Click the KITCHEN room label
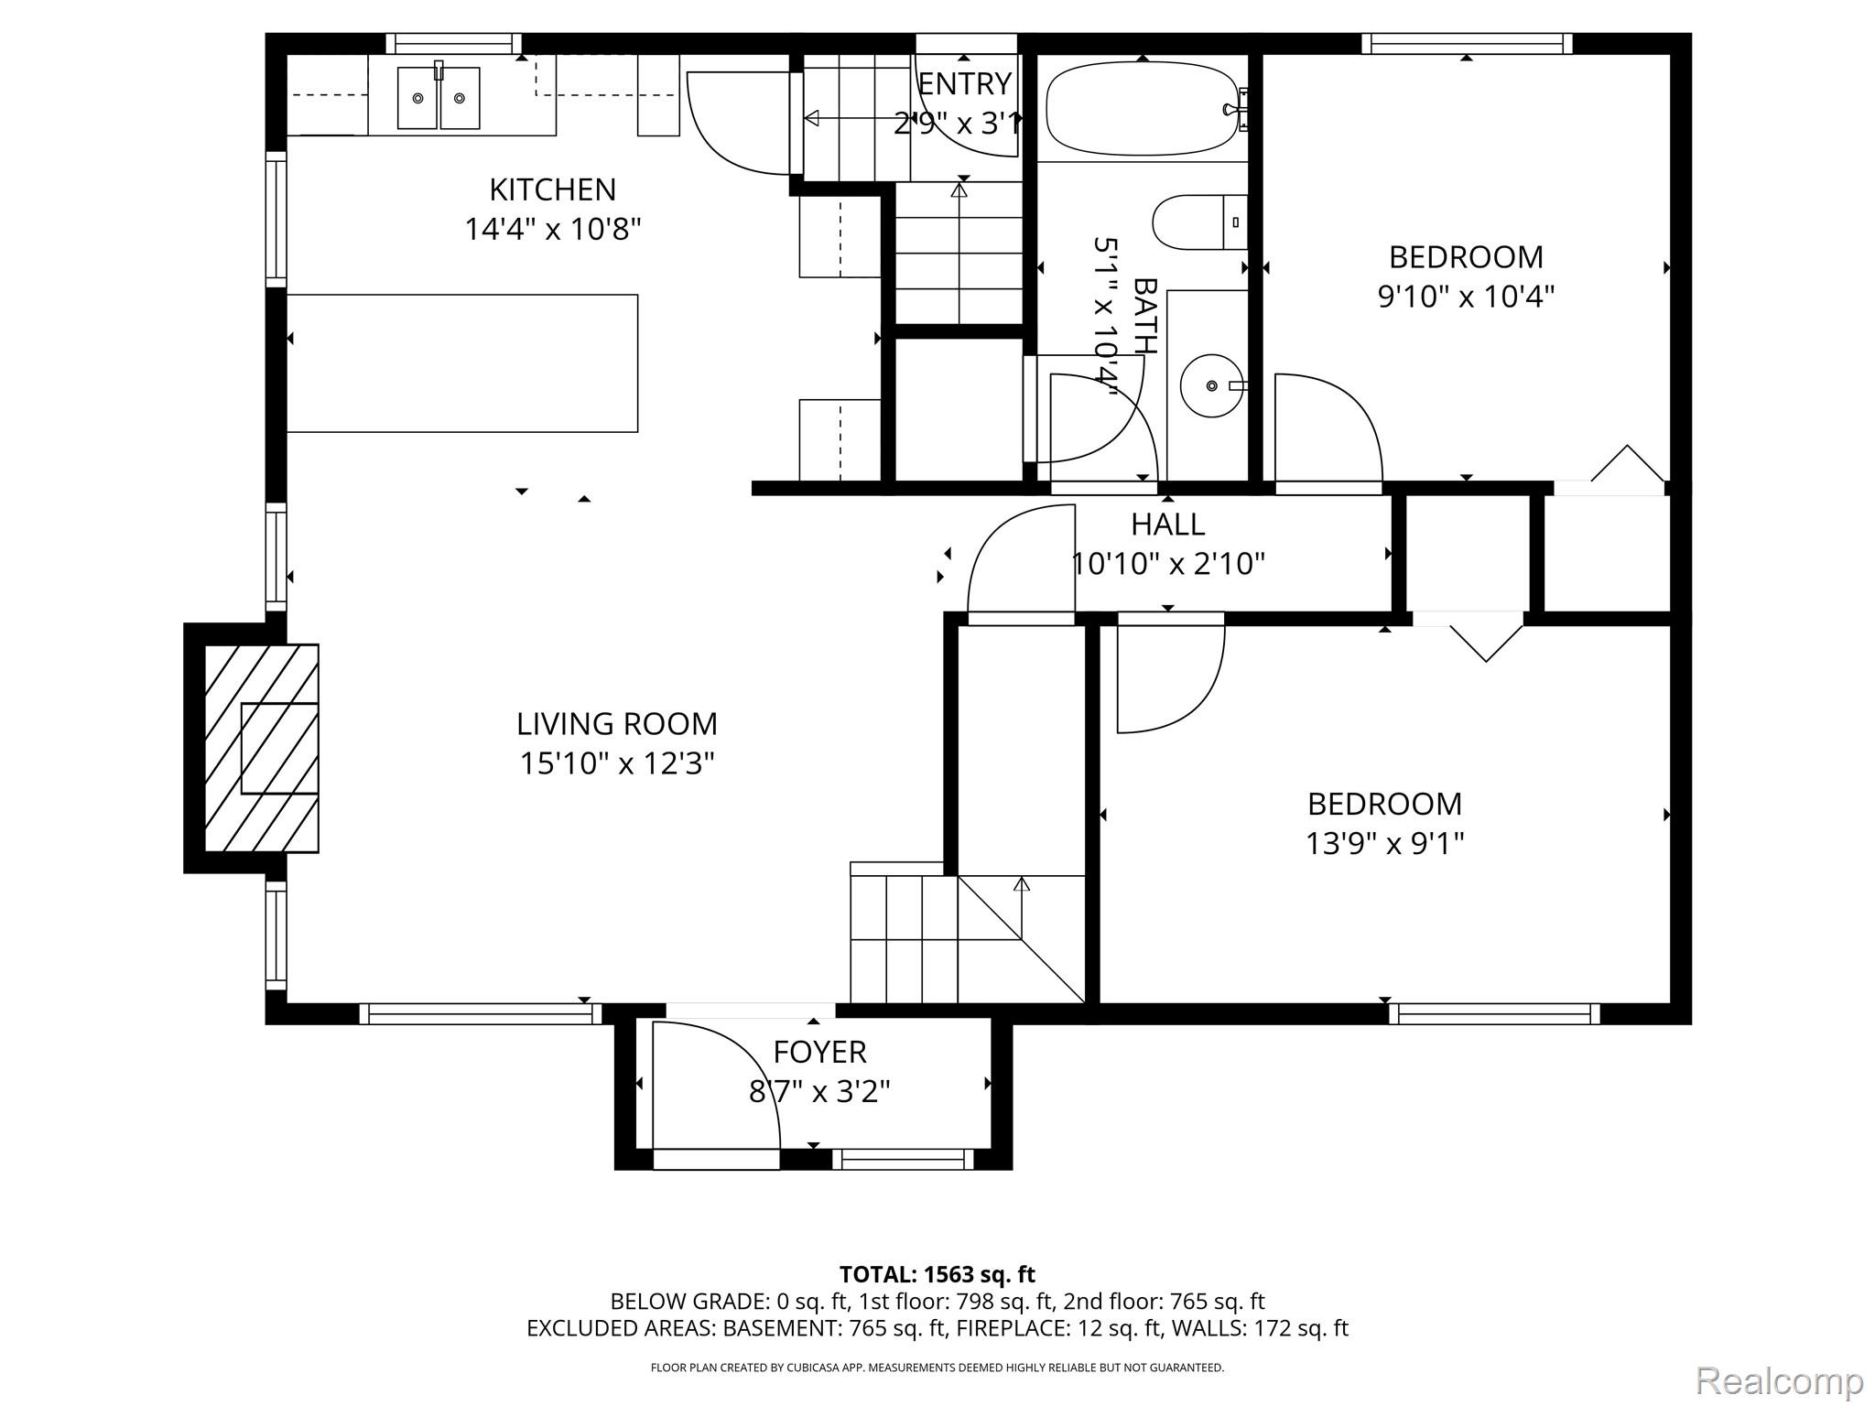pos(552,189)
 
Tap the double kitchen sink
pos(439,97)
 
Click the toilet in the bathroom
pos(1199,222)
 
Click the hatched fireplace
pos(261,748)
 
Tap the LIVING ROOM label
pos(617,724)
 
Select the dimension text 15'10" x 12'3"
pos(617,763)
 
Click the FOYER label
pos(819,1053)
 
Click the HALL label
pos(1167,525)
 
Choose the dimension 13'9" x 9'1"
pos(1384,843)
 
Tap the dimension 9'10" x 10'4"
pos(1466,297)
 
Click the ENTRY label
pos(964,84)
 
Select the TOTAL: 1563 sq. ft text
pos(937,1274)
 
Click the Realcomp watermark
pos(1779,1380)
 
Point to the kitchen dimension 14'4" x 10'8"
pos(552,229)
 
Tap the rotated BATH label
pos(1144,316)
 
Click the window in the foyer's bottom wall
pos(903,1160)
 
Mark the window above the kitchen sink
pos(453,43)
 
